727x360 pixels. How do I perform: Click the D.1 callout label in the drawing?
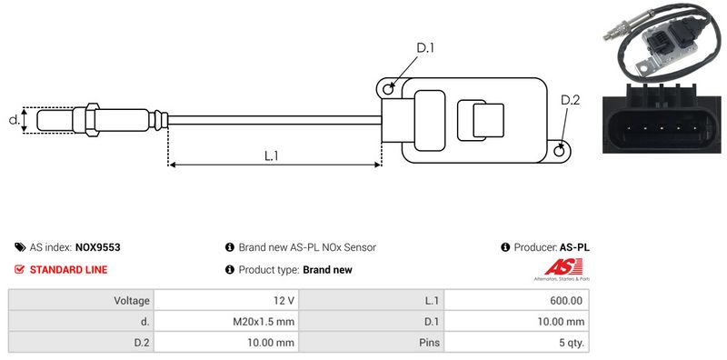click(x=424, y=48)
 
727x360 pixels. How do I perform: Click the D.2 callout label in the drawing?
click(x=570, y=100)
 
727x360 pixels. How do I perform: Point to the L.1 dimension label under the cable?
click(x=271, y=155)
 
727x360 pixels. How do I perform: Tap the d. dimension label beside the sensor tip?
click(x=15, y=120)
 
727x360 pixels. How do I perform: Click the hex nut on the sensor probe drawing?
click(x=93, y=120)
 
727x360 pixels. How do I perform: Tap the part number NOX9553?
click(x=97, y=247)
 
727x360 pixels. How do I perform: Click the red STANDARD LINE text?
click(x=69, y=269)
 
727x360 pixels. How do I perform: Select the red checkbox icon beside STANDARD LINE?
click(x=19, y=269)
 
